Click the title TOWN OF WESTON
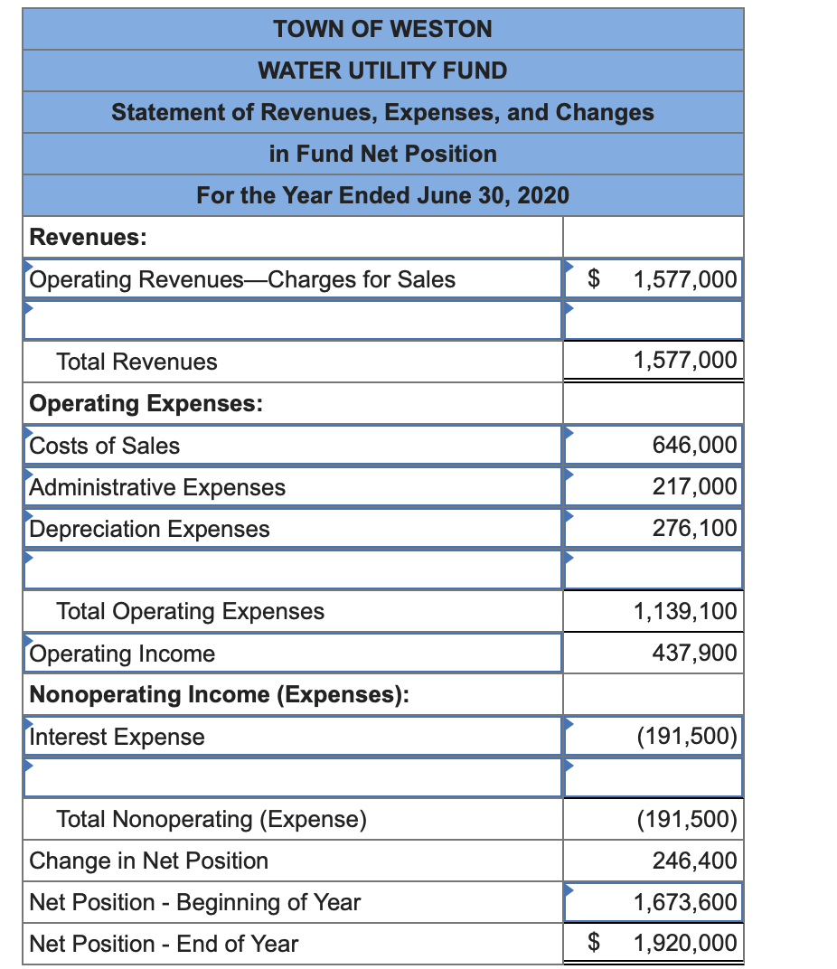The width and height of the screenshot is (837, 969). click(x=382, y=29)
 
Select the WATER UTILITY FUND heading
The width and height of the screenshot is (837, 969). click(x=382, y=71)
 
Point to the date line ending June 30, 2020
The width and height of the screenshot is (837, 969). click(x=382, y=195)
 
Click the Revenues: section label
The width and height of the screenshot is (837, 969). click(x=89, y=237)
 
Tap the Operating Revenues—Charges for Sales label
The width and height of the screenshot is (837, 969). click(x=242, y=279)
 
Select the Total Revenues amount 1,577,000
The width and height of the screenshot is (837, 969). click(x=685, y=361)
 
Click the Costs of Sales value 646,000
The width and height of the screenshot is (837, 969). click(x=694, y=445)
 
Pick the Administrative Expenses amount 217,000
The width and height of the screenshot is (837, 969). click(x=694, y=486)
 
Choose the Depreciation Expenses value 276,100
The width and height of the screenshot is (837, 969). click(x=694, y=528)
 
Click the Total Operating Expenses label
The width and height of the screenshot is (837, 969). click(x=190, y=611)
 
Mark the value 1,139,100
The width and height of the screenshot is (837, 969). click(x=685, y=611)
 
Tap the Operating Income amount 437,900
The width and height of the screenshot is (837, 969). click(x=694, y=653)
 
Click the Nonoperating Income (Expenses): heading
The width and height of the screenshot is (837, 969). click(x=219, y=694)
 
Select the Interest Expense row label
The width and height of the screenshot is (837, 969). click(x=118, y=737)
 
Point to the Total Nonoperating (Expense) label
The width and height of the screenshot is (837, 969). click(x=212, y=819)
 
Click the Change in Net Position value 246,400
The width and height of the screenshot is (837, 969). click(x=694, y=861)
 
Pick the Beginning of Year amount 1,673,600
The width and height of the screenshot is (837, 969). click(x=685, y=902)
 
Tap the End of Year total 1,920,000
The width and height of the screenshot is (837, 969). click(x=685, y=944)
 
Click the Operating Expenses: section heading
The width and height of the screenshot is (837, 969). click(x=146, y=403)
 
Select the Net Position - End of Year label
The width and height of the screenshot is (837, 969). click(x=164, y=944)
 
